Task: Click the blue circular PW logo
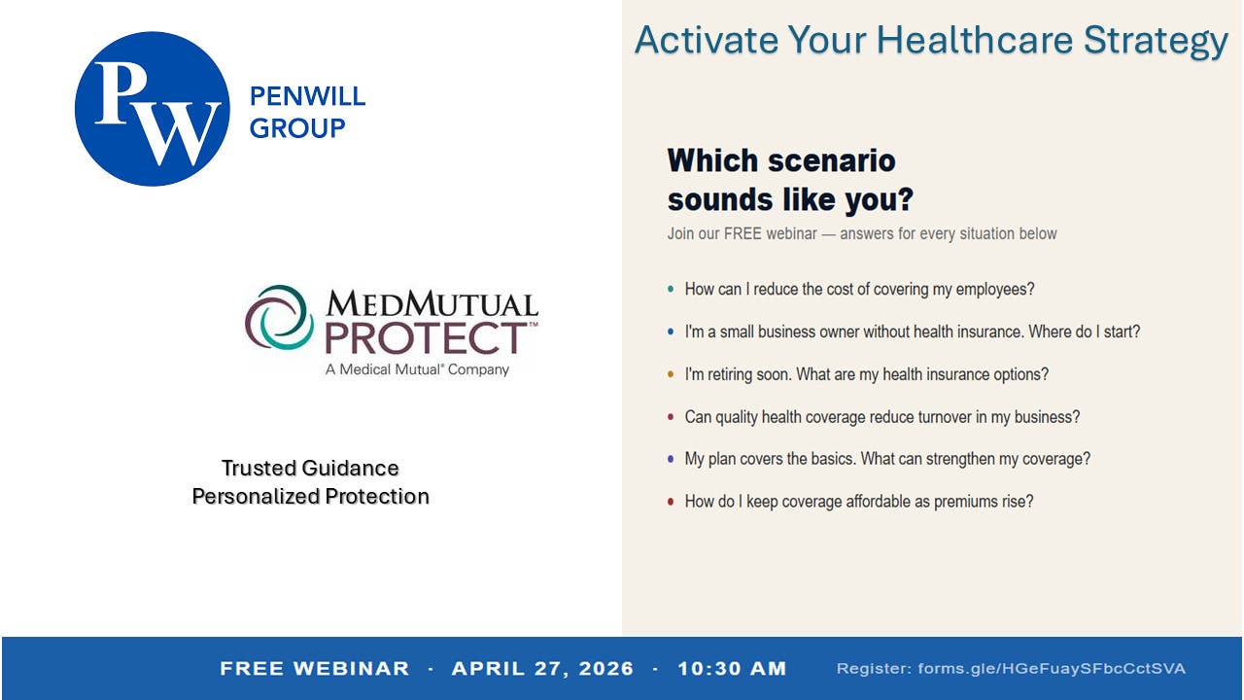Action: tap(153, 109)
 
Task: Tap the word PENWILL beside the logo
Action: tap(308, 96)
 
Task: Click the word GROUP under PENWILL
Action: tap(297, 128)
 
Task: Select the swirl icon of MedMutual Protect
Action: tap(279, 317)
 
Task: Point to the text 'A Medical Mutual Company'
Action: tap(417, 369)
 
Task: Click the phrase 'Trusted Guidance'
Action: tap(310, 468)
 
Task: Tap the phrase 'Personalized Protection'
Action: tap(310, 496)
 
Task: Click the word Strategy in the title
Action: tap(1156, 41)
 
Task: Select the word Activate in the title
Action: tap(707, 40)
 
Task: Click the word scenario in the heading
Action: tap(832, 160)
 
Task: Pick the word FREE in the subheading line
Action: tap(743, 233)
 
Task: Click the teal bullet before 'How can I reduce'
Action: tap(671, 289)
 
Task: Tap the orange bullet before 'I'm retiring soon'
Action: tap(671, 374)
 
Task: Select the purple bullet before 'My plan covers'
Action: tap(671, 459)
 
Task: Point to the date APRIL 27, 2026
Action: tap(542, 668)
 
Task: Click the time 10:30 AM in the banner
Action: tap(732, 668)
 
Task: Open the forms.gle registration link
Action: tap(1052, 668)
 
